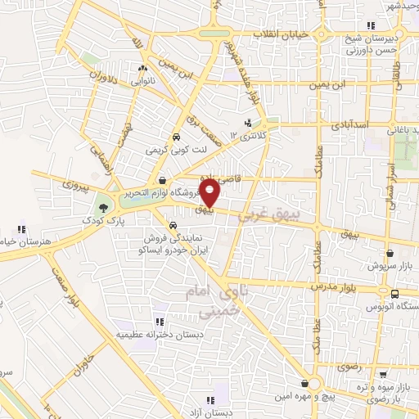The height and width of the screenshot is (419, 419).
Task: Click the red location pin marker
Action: (210, 193)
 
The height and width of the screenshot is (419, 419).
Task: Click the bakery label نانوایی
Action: (143, 81)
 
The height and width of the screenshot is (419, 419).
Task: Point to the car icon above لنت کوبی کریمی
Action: (176, 137)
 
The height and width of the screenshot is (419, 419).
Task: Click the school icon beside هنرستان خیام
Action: (21, 229)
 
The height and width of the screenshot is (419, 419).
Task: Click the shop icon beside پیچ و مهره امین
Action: (304, 383)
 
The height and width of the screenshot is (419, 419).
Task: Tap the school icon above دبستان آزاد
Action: (210, 400)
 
